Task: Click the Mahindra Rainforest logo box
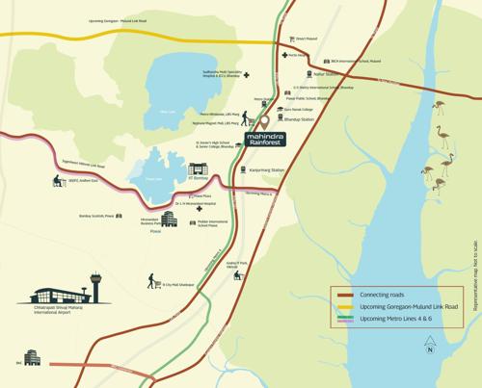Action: click(267, 142)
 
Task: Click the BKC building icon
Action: click(29, 357)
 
